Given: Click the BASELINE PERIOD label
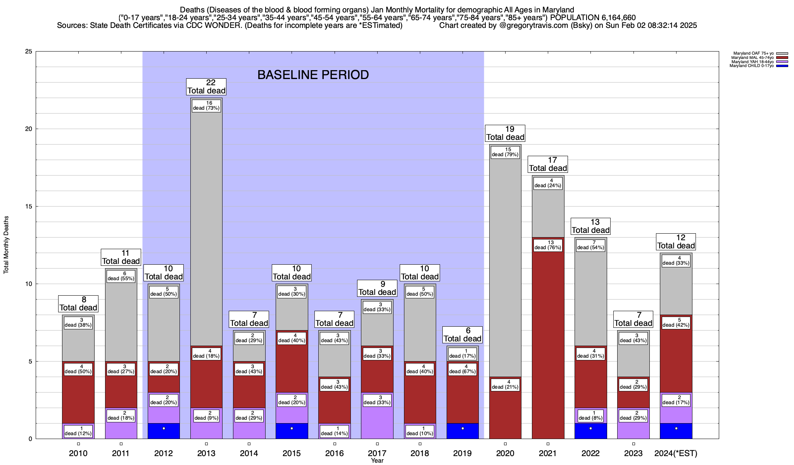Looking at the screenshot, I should coord(313,75).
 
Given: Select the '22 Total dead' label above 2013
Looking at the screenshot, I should coord(206,87).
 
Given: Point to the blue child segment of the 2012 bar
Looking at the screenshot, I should coord(164,431).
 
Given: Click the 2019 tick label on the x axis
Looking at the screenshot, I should coord(463,453).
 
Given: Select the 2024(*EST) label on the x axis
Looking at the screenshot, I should coord(676,453).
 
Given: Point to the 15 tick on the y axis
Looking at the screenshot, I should coord(29,207).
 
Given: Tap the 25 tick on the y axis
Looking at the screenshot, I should coord(29,52).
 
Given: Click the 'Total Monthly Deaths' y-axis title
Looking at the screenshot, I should coord(6,245).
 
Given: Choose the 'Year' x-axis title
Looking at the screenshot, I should coord(377,461).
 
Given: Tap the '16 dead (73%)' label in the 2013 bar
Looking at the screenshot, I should coord(206,106).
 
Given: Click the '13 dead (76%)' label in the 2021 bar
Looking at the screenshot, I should coord(548,245).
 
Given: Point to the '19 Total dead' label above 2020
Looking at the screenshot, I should coord(505,133).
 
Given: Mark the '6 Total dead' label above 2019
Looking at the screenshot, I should coord(463,335).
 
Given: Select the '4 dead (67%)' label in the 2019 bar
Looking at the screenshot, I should coord(463,369).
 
